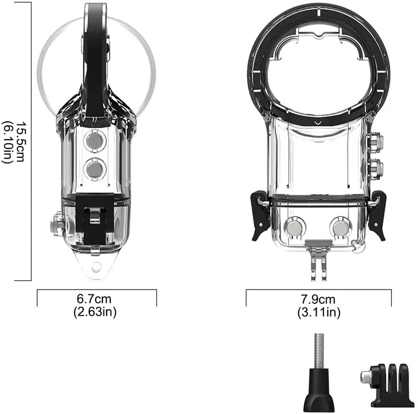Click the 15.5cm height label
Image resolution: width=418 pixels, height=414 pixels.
point(19,141)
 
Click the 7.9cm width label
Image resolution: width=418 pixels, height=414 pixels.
point(319,300)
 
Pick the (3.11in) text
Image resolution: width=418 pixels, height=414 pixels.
point(319,313)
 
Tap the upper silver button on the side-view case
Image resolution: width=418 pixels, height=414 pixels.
point(95,141)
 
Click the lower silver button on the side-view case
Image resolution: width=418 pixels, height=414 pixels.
point(95,168)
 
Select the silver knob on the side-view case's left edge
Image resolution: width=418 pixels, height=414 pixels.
point(57,225)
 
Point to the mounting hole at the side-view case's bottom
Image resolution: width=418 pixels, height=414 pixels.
point(96,267)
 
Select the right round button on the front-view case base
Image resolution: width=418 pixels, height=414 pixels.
point(341,227)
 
